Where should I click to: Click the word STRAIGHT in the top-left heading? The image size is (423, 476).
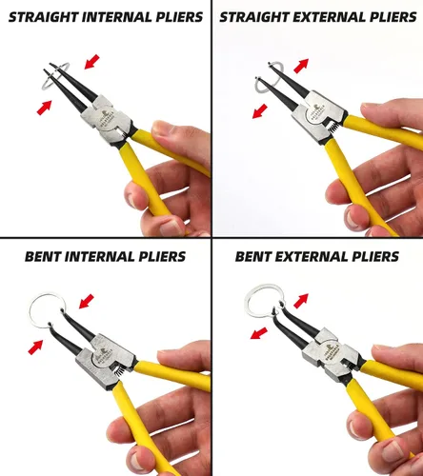tap(44, 17)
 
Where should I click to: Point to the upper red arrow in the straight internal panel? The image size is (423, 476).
tap(92, 62)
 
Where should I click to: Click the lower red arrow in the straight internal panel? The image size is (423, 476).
tap(44, 108)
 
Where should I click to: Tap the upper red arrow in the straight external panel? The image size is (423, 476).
tap(301, 66)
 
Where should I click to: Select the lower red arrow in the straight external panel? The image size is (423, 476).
tap(260, 111)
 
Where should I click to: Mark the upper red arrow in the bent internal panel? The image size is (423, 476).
tap(87, 301)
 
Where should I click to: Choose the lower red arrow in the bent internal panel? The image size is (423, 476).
tap(35, 347)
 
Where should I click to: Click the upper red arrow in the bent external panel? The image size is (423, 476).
tap(301, 301)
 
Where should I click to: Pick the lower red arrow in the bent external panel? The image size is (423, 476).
tap(259, 333)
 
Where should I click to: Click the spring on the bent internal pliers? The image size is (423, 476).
tap(118, 370)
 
